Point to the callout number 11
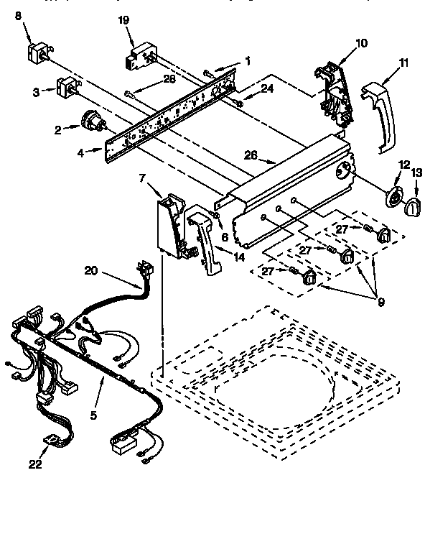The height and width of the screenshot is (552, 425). click(x=403, y=63)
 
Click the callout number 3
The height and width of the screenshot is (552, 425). click(x=35, y=91)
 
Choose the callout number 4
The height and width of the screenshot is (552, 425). click(x=81, y=152)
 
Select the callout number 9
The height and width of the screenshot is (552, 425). click(x=380, y=302)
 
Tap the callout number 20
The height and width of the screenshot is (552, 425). click(x=91, y=271)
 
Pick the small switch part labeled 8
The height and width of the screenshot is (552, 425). click(x=37, y=50)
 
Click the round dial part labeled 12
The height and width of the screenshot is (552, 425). click(x=394, y=198)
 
